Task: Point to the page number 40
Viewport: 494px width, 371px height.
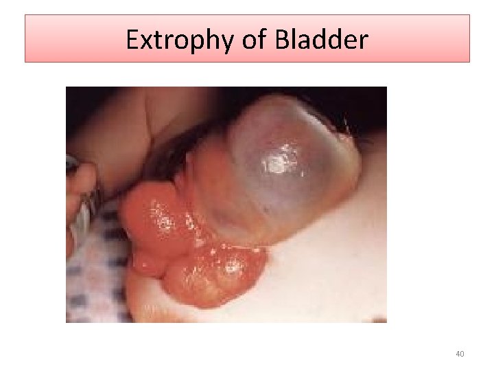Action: tap(460, 354)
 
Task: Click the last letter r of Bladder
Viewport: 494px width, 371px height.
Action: tap(363, 43)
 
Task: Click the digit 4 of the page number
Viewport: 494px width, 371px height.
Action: tap(458, 354)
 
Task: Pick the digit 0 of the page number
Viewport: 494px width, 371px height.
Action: tap(462, 354)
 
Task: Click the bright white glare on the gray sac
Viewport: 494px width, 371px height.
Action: tap(278, 164)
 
